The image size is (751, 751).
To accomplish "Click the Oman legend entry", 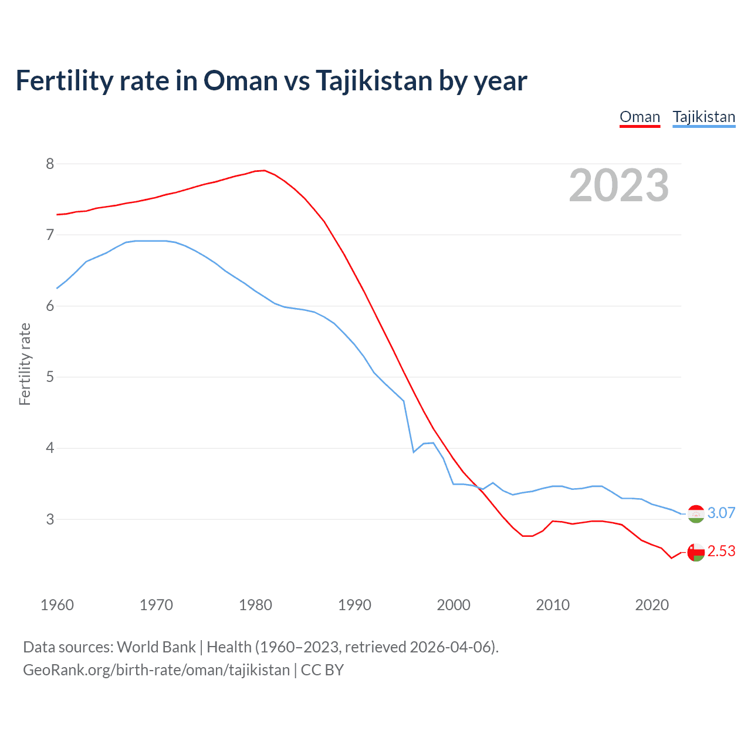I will click(x=640, y=117).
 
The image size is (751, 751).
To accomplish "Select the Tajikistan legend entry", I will click(x=703, y=117).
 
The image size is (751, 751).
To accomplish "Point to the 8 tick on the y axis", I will click(x=50, y=164).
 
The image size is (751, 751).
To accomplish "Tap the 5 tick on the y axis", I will click(x=50, y=377).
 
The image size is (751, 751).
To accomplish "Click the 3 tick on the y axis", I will click(x=50, y=519).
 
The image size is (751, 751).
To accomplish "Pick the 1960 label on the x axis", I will click(x=57, y=605).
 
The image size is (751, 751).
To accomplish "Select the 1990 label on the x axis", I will click(x=354, y=605).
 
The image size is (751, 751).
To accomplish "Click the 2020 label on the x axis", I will click(x=652, y=605).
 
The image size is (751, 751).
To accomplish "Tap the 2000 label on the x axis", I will click(x=454, y=605).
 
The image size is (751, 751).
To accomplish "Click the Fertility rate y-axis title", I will click(x=25, y=364).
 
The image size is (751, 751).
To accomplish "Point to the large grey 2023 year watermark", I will click(x=618, y=185).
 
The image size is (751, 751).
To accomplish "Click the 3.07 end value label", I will click(x=721, y=513).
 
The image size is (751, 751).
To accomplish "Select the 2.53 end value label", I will click(x=721, y=552).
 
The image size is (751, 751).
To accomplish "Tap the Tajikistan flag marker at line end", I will click(x=696, y=514).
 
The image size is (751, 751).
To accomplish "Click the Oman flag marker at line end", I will click(x=696, y=552).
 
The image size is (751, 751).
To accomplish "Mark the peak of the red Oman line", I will click(x=265, y=170).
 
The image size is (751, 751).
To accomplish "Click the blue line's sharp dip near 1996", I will click(x=414, y=452).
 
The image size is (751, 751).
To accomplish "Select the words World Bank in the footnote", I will click(x=156, y=647).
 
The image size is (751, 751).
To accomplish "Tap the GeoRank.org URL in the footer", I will click(x=156, y=670).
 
